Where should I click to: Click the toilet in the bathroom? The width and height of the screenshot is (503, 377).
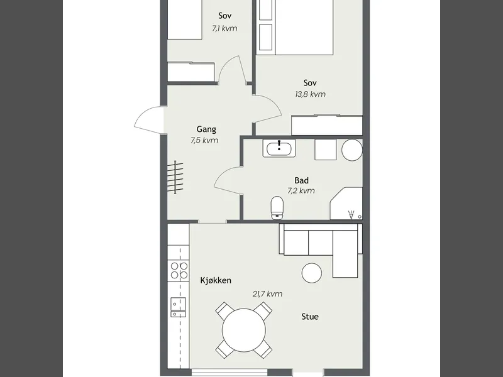277,208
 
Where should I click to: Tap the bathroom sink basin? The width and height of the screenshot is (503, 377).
279,148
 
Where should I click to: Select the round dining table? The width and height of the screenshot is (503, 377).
244,331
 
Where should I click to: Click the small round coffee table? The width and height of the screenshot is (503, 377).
312,273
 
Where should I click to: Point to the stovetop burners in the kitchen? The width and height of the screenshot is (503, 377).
179,270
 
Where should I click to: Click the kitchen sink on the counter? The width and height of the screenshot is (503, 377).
178,307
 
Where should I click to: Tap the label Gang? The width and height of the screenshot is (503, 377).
206,129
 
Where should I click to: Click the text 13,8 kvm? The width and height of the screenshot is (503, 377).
310,94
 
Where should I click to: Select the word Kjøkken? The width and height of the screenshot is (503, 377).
216,280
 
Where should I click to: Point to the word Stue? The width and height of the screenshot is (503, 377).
310,317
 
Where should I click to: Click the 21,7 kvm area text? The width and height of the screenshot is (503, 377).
268,294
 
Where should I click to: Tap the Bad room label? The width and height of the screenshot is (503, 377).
302,180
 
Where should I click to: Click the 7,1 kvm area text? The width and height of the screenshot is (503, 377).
224,28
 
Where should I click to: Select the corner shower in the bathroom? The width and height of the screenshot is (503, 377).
346,204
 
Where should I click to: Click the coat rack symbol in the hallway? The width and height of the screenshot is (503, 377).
175,177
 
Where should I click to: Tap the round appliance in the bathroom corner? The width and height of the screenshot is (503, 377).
352,150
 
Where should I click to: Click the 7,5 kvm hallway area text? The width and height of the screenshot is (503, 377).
204,140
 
